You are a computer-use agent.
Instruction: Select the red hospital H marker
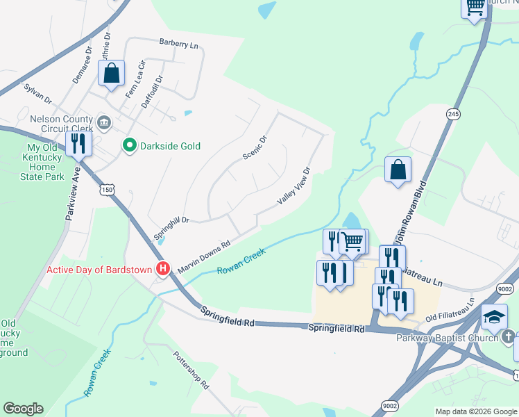click(163, 268)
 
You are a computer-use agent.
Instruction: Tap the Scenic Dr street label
click(255, 147)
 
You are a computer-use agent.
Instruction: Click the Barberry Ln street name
click(178, 44)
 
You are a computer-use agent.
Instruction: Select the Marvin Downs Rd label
click(203, 256)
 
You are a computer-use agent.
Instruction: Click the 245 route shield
click(454, 114)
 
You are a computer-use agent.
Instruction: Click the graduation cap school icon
click(494, 316)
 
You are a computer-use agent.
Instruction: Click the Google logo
click(23, 409)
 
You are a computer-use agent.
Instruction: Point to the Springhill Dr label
click(171, 227)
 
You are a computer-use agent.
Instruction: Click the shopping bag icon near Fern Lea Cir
click(111, 73)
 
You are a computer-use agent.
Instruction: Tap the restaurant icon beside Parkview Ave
click(78, 143)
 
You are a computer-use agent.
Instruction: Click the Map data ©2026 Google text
click(475, 411)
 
